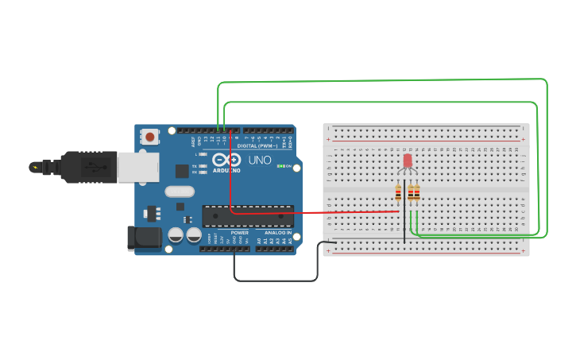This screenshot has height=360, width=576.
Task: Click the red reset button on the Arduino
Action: tap(150, 137)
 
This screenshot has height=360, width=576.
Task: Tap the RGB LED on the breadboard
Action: tap(408, 161)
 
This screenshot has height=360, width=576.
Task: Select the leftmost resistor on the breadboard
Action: tap(398, 193)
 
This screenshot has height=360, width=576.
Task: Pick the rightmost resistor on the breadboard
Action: tap(416, 193)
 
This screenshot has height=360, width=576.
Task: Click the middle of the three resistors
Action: tap(410, 193)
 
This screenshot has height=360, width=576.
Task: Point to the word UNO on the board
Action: tap(260, 160)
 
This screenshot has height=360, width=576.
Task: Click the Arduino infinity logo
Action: tap(228, 161)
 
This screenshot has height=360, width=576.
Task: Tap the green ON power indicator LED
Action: tap(280, 166)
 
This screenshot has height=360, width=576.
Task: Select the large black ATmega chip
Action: tap(247, 216)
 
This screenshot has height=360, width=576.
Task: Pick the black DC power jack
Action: tap(142, 238)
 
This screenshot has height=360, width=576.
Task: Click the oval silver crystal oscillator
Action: tap(180, 191)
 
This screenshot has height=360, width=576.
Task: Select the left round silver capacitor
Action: tap(176, 235)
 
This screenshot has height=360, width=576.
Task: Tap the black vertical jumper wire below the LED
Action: tap(404, 223)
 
